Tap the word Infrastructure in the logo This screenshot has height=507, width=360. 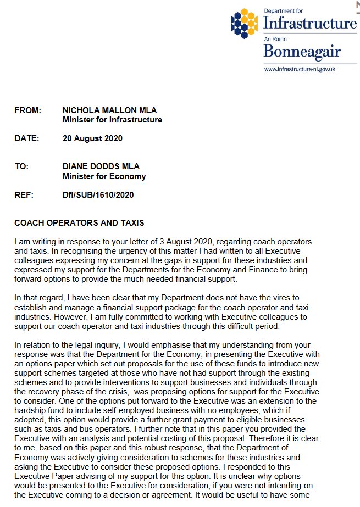310,23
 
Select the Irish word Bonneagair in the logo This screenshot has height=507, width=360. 302,52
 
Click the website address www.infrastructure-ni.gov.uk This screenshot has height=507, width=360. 300,69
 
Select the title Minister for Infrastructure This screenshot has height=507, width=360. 112,120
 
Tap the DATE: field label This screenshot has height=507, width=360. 26,138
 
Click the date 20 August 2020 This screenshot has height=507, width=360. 92,138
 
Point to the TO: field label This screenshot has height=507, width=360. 23,166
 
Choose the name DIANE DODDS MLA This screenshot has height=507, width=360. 101,166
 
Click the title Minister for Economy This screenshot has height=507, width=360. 104,176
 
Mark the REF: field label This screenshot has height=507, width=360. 24,194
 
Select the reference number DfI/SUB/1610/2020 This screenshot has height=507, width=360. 98,194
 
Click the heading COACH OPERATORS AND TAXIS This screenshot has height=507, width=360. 79,223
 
